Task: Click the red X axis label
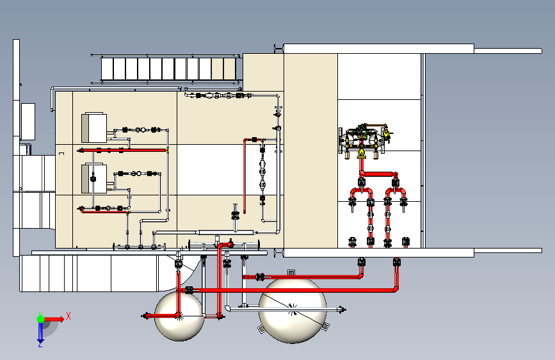(x=68, y=315)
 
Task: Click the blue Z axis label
(x=40, y=344)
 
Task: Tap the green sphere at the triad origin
(x=40, y=318)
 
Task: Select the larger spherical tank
(x=293, y=309)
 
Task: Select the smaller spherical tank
(x=179, y=316)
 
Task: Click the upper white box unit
(x=95, y=127)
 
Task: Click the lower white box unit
(x=95, y=179)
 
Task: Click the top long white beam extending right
(x=506, y=49)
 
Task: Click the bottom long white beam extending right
(x=506, y=252)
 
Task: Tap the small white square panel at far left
(x=28, y=120)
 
